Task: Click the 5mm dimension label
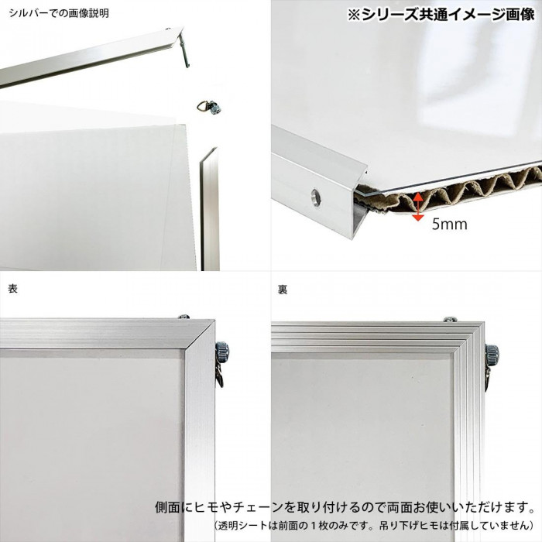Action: pos(449,224)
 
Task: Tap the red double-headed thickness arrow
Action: pos(418,207)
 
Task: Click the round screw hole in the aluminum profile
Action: pos(315,197)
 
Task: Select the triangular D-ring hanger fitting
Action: pos(209,107)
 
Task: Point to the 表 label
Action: pos(13,289)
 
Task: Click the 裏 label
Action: pos(283,290)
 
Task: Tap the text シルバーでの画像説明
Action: pos(59,13)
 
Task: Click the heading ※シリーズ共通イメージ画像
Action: pos(441,15)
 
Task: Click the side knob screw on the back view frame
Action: pos(491,354)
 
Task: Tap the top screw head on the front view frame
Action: pos(184,316)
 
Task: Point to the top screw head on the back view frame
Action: pos(451,319)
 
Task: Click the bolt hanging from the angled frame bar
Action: pos(184,51)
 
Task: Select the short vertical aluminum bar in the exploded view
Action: pos(210,208)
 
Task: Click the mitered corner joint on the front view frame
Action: pos(200,335)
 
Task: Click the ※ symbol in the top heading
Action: pos(355,15)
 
